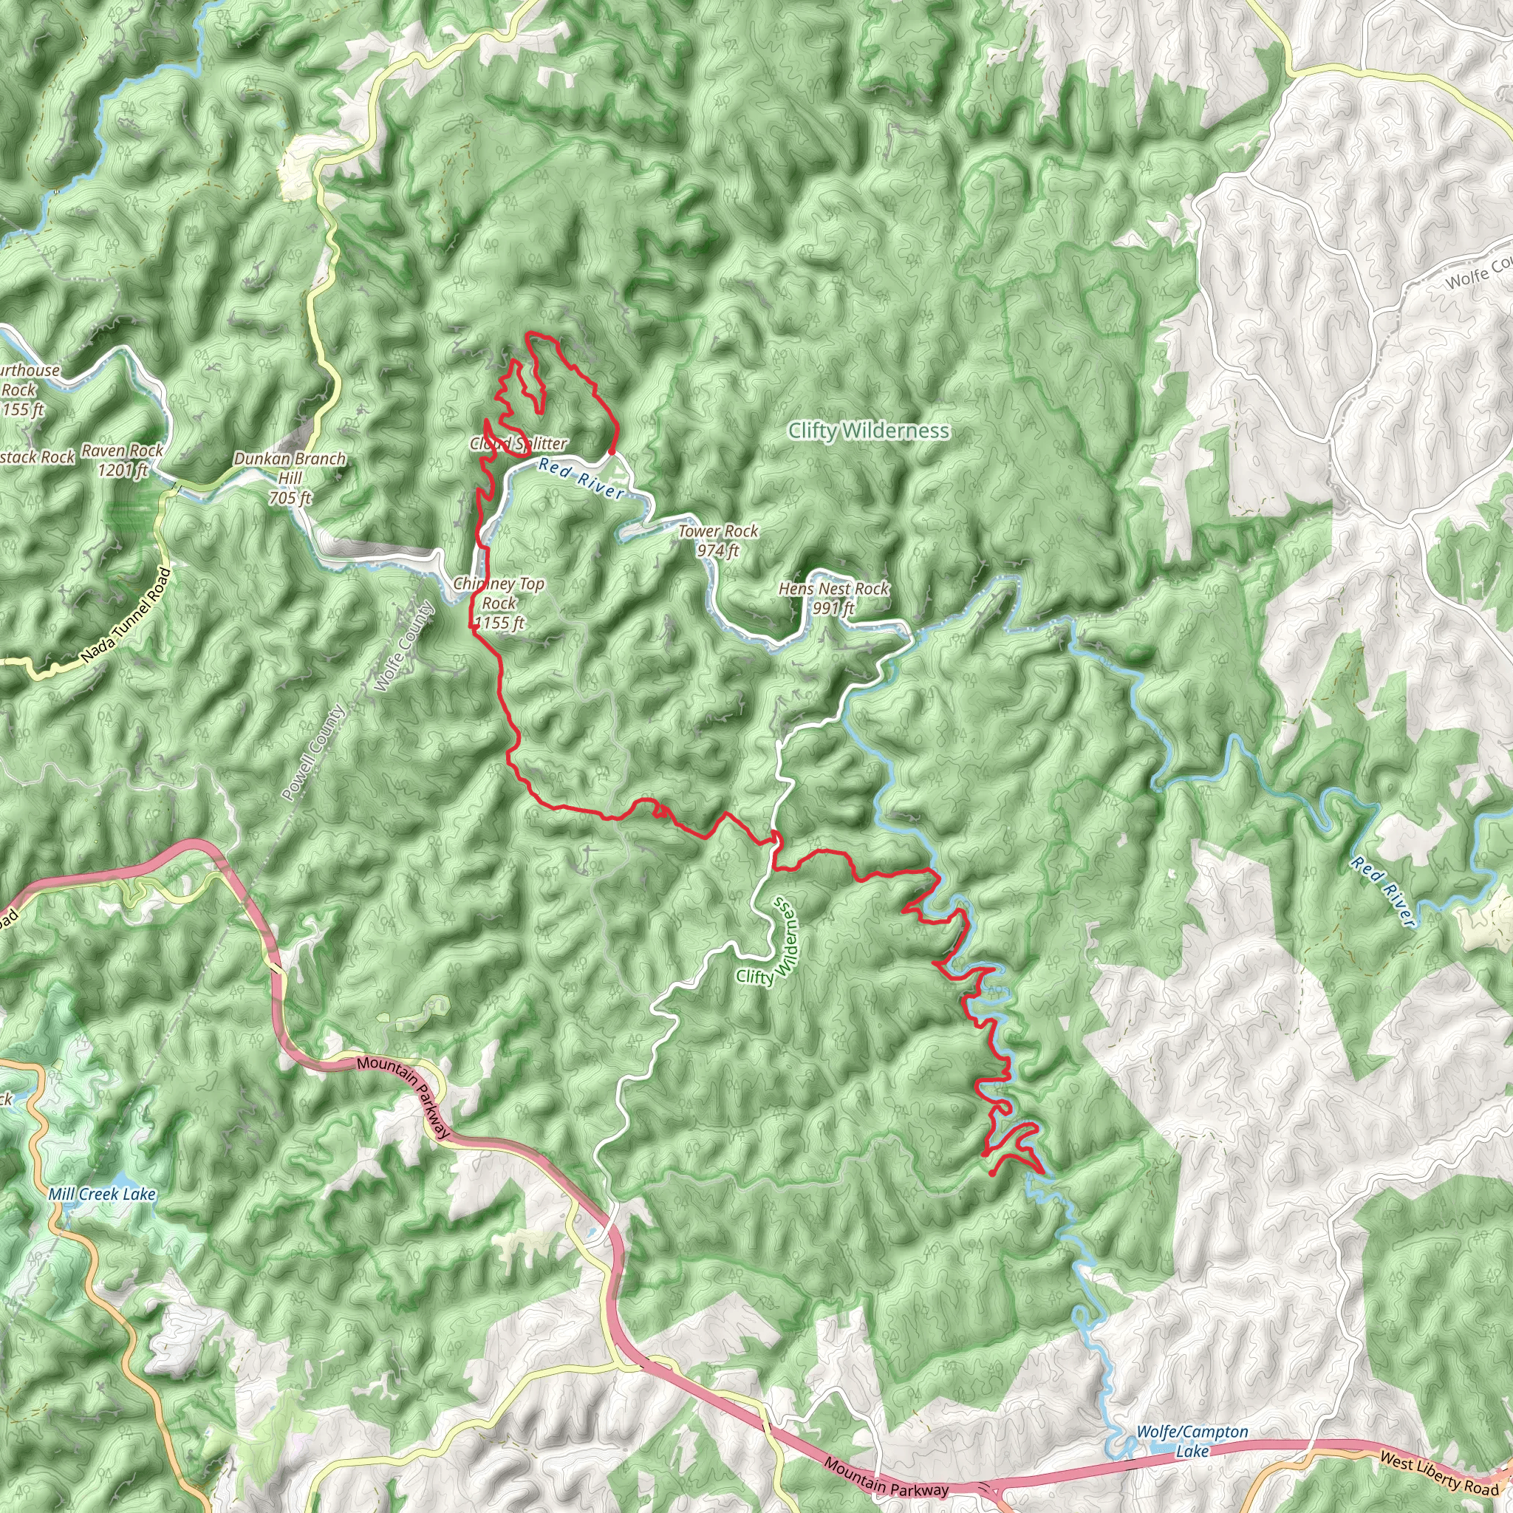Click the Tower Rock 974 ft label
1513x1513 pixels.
pyautogui.click(x=718, y=540)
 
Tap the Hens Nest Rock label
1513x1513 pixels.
pyautogui.click(x=833, y=598)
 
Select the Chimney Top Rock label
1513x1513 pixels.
pyautogui.click(x=499, y=603)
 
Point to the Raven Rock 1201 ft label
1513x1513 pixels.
pyautogui.click(x=123, y=460)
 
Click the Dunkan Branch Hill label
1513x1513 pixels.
pyautogui.click(x=290, y=478)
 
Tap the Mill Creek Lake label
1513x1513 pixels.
pyautogui.click(x=102, y=1195)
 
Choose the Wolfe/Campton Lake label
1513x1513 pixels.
pyautogui.click(x=1192, y=1441)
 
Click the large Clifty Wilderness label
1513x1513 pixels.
pyautogui.click(x=869, y=431)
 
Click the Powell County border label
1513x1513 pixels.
pyautogui.click(x=313, y=754)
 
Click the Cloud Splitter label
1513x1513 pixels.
pyautogui.click(x=519, y=444)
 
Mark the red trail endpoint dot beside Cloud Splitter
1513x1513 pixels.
pyautogui.click(x=611, y=452)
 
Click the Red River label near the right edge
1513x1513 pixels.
pyautogui.click(x=1383, y=892)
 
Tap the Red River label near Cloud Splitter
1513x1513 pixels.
pyautogui.click(x=581, y=479)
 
